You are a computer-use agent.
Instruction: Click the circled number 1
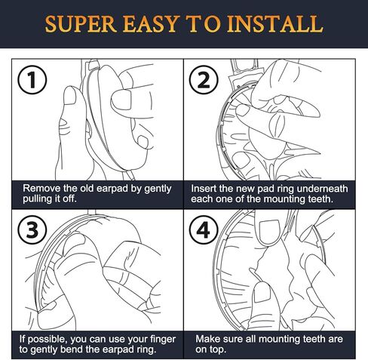32,80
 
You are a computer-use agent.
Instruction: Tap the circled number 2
204,80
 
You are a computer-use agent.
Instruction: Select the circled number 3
32,229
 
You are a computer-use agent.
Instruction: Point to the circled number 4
204,229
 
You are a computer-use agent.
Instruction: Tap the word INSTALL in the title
274,24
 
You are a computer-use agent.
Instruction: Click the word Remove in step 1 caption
41,189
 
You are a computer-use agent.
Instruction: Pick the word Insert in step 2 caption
204,189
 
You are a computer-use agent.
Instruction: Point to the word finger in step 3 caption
163,340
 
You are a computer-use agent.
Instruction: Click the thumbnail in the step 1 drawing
69,96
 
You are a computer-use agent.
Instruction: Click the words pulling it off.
49,199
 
